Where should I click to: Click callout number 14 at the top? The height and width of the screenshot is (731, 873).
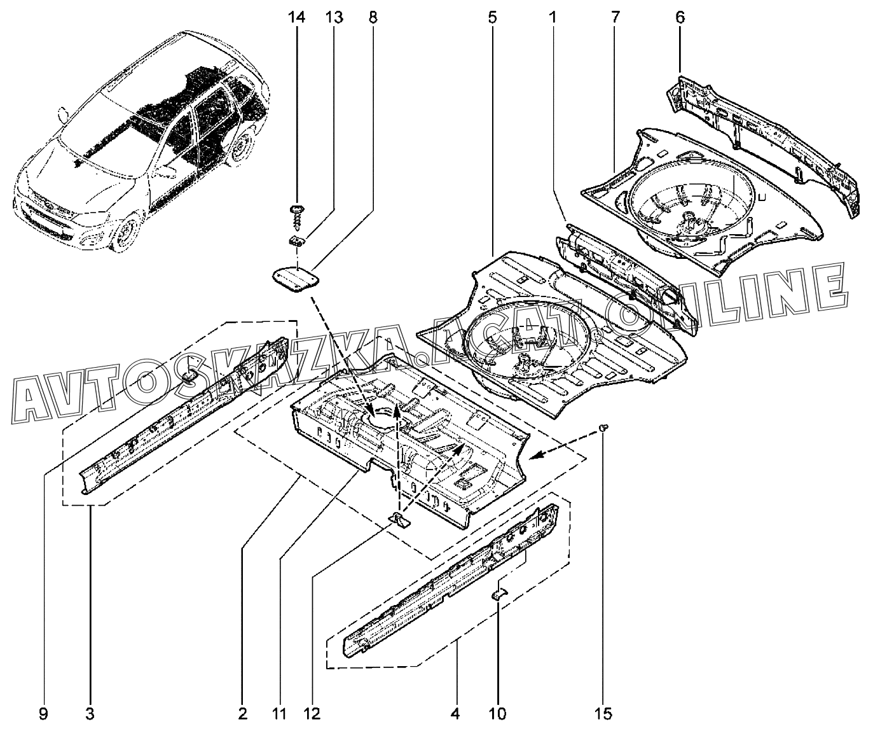(296, 17)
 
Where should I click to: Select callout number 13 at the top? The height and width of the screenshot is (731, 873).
(334, 17)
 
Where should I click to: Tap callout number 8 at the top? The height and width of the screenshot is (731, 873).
(373, 17)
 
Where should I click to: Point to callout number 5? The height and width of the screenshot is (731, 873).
(493, 17)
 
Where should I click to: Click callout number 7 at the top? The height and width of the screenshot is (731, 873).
(615, 17)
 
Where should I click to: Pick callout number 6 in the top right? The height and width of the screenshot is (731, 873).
(680, 17)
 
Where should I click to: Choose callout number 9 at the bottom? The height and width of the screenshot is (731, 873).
(43, 714)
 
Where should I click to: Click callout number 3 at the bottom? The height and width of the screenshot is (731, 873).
(90, 714)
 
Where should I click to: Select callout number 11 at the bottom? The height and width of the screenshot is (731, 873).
(278, 714)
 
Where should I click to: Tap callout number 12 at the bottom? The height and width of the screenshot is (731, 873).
(312, 714)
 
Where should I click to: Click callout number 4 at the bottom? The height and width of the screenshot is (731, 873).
(455, 714)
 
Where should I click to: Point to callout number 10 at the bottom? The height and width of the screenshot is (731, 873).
(498, 714)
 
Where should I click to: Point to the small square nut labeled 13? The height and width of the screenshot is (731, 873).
(296, 240)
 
